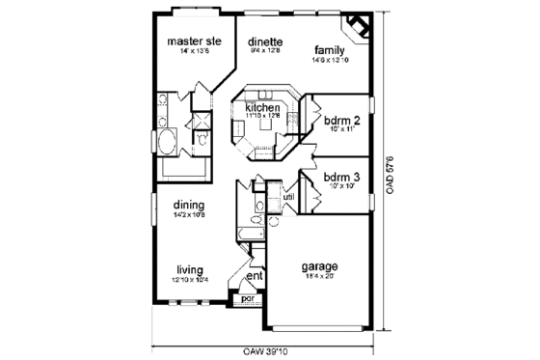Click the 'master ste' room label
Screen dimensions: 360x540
(195, 42)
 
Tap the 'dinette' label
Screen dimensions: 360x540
(263, 42)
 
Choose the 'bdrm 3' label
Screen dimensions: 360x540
(341, 177)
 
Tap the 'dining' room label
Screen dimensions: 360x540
(188, 205)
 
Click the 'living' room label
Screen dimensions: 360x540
(190, 269)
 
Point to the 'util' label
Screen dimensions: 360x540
(288, 198)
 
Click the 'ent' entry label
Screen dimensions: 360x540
(255, 278)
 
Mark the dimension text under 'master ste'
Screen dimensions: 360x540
(195, 52)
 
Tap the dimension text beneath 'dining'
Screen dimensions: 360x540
(188, 215)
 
